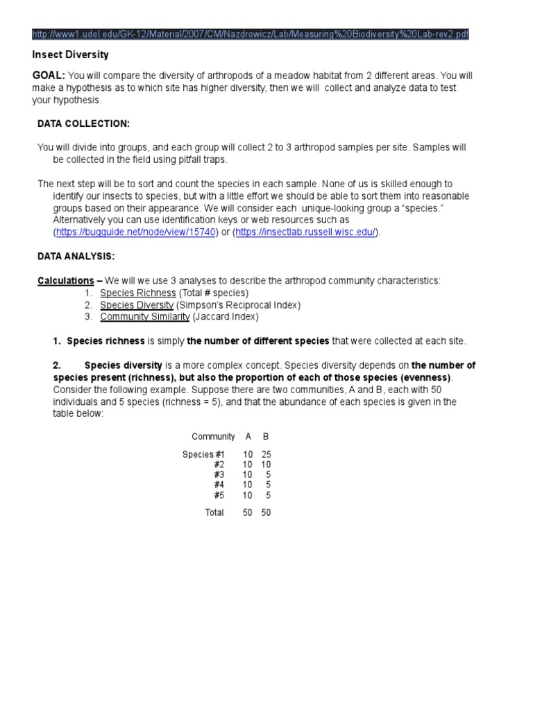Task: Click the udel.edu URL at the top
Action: [251, 35]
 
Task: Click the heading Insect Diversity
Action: [71, 55]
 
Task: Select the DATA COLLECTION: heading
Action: [83, 123]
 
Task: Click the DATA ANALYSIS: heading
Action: [76, 256]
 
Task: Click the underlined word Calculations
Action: [65, 280]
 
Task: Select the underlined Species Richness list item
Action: [138, 293]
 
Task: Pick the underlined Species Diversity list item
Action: [137, 305]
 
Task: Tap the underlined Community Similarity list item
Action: [145, 317]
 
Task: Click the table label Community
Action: [213, 436]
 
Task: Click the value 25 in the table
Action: [266, 454]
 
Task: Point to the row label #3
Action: [219, 475]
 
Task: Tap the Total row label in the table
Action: [214, 512]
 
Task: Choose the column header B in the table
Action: [265, 436]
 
